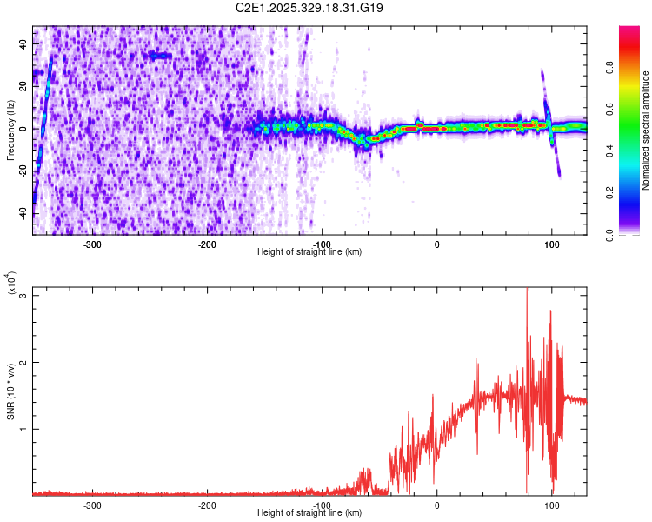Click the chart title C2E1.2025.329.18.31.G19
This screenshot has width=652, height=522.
coord(310,8)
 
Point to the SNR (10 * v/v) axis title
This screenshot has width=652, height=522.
coord(10,391)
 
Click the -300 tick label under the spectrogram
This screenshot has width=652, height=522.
coord(92,244)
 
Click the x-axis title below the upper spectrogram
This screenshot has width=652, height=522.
coord(310,252)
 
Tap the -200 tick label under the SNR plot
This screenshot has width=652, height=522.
coord(207,505)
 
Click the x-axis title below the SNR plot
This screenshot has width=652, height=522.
coord(310,513)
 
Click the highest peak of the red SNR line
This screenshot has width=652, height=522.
coord(527,290)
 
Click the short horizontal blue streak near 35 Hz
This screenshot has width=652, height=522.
coord(160,56)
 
